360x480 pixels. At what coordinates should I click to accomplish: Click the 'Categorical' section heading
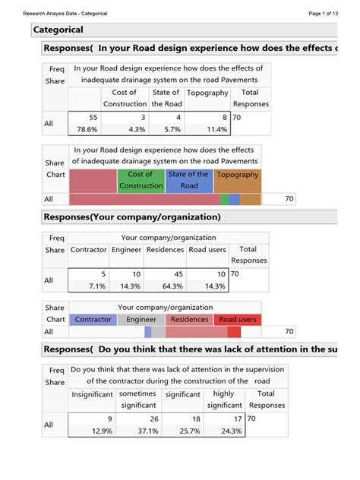[58, 30]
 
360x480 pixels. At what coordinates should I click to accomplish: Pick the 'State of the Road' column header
[166, 98]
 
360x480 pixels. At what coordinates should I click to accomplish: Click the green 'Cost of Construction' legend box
[141, 180]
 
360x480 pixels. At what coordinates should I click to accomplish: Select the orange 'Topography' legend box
[238, 180]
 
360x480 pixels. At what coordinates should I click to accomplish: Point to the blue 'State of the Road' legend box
[189, 180]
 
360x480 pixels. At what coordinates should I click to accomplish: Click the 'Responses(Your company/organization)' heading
[132, 217]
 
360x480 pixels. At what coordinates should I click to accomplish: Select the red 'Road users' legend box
[237, 319]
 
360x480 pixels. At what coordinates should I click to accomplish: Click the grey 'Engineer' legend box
[141, 319]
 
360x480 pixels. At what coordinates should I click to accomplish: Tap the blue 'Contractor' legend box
[93, 319]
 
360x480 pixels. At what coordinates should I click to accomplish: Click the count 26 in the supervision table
[153, 418]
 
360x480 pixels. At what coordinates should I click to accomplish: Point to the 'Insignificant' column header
[92, 394]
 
